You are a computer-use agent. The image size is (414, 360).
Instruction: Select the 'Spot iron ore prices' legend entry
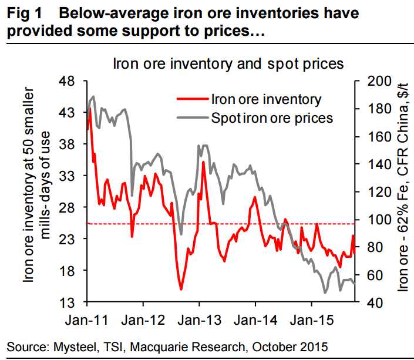click(x=271, y=118)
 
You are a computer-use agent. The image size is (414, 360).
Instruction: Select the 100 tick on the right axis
click(x=373, y=219)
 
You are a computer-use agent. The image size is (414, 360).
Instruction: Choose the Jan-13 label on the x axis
click(x=199, y=321)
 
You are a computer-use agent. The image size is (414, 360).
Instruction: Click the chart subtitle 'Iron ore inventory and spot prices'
click(x=228, y=63)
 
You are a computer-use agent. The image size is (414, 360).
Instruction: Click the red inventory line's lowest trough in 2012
click(x=181, y=289)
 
